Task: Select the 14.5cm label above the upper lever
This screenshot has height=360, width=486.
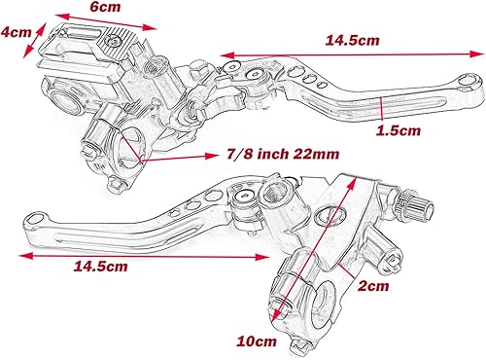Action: pos(353,41)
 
